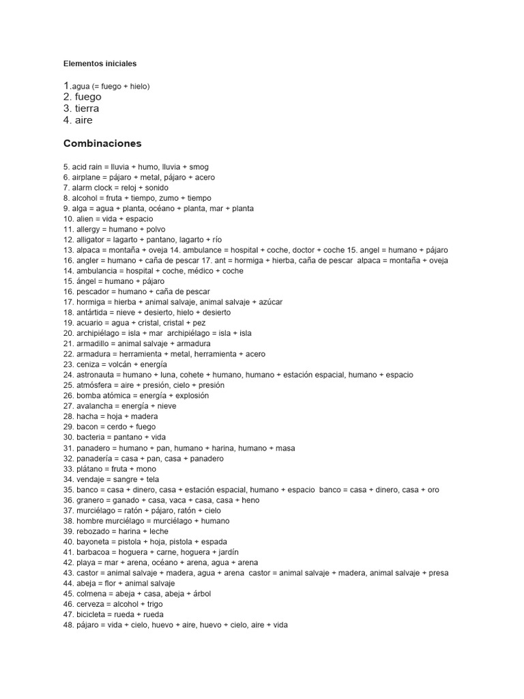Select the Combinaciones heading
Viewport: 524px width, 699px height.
click(102, 143)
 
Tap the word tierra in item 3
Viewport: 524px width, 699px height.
click(87, 109)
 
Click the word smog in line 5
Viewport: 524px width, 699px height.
click(199, 167)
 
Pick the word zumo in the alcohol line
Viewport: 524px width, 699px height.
click(167, 198)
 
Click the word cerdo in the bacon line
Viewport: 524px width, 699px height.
click(118, 427)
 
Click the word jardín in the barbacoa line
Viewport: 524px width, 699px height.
click(227, 552)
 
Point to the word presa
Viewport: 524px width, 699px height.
click(437, 573)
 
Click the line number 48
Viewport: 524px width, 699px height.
click(68, 625)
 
